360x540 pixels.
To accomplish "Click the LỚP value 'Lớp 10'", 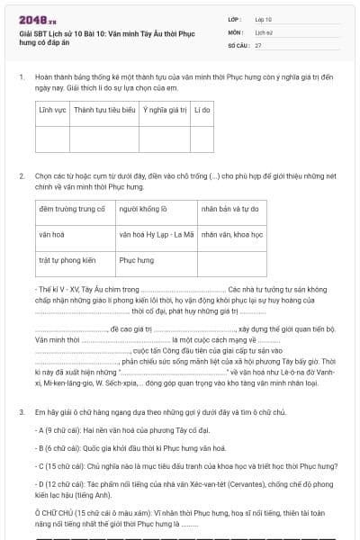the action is click(263, 18).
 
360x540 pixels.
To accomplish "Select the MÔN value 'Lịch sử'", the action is click(263, 31).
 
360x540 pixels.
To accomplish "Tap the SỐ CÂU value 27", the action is click(258, 44).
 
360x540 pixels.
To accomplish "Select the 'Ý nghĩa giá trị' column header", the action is click(164, 110).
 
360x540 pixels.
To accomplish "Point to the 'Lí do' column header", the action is click(202, 110).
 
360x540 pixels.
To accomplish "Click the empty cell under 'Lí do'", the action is click(202, 139).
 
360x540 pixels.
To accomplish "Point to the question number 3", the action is click(21, 412).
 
